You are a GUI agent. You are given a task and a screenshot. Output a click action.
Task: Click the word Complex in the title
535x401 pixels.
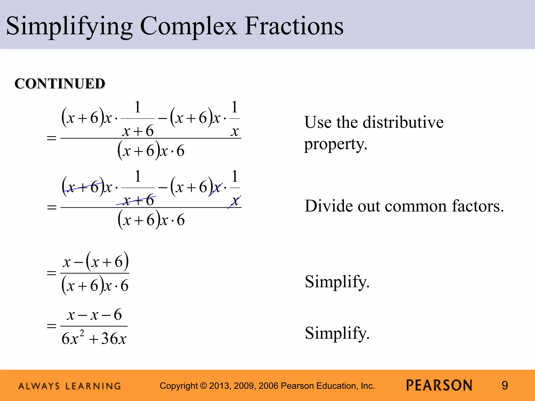click(188, 26)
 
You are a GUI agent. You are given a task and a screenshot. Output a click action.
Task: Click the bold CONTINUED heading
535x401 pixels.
click(60, 84)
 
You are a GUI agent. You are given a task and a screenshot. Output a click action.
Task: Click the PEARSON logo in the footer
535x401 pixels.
click(439, 385)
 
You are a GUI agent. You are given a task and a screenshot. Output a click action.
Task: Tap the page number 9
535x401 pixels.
click(505, 386)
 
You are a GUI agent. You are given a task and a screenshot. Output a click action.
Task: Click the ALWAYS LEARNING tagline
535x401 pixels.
click(69, 386)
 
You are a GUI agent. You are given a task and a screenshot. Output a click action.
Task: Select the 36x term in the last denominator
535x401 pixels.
click(114, 339)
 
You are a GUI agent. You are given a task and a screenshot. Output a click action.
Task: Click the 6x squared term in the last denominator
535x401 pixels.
click(73, 338)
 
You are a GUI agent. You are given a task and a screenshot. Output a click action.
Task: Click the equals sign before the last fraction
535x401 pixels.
click(51, 326)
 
